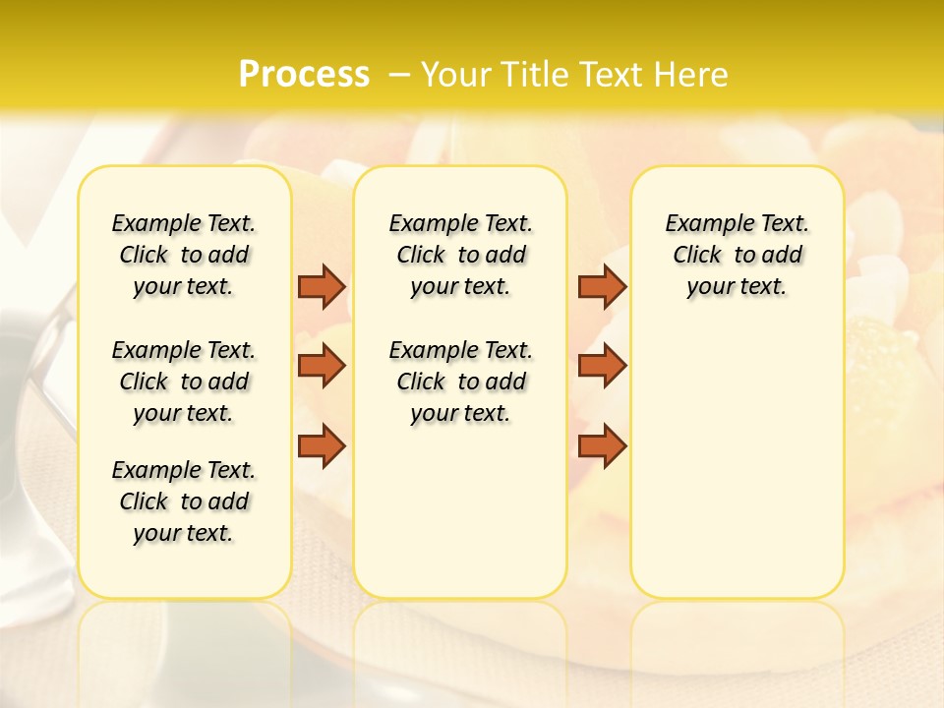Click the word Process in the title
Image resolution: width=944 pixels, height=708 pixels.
click(x=304, y=75)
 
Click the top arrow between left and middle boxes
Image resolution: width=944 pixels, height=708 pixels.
click(x=322, y=286)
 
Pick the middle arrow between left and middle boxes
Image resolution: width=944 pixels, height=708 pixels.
click(x=322, y=366)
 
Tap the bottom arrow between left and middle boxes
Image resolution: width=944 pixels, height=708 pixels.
click(x=322, y=445)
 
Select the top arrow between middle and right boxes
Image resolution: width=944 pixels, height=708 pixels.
click(x=602, y=286)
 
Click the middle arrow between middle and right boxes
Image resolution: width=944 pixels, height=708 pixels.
click(x=602, y=366)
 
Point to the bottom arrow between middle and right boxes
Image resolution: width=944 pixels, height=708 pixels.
click(x=602, y=445)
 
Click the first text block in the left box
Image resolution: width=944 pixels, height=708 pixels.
click(x=184, y=255)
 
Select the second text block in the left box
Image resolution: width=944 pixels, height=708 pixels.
click(x=184, y=382)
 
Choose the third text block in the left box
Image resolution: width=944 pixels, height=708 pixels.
click(x=184, y=501)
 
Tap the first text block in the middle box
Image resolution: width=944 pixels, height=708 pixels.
click(x=460, y=255)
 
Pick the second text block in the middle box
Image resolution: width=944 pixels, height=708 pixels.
click(x=460, y=382)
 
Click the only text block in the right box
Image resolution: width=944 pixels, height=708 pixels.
click(x=737, y=255)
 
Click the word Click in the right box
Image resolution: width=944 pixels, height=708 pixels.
click(x=697, y=256)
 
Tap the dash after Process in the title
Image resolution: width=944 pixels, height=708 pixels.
click(x=399, y=75)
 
